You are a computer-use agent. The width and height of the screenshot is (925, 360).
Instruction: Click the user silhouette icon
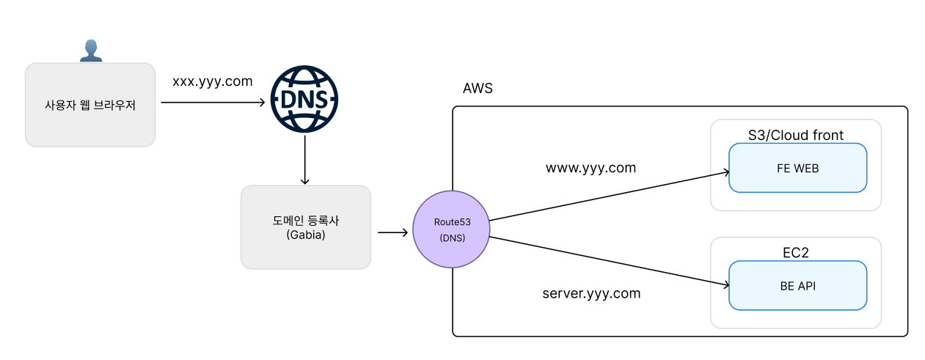91,51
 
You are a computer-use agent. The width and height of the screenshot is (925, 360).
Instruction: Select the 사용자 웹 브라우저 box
90,105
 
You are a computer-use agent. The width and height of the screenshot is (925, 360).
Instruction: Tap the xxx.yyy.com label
212,81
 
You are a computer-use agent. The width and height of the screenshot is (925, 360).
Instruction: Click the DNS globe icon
304,99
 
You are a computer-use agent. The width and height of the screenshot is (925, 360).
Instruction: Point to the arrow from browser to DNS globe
213,102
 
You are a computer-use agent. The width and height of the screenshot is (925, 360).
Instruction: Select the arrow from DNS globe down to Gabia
304,159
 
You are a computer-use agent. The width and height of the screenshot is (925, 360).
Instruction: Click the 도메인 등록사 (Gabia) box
306,227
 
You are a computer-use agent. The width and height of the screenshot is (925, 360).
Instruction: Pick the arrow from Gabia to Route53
392,232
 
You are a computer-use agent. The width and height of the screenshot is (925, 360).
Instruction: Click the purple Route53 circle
451,229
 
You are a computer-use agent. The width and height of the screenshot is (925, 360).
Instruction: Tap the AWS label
478,88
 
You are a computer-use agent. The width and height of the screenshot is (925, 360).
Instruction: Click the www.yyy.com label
591,168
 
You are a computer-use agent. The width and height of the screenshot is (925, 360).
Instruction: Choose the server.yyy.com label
591,293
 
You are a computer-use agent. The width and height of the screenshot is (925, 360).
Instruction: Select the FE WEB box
798,168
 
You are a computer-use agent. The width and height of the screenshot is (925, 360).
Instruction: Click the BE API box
798,285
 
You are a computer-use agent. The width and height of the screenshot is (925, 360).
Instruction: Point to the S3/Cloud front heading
796,135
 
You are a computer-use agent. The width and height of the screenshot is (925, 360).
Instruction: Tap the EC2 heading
796,252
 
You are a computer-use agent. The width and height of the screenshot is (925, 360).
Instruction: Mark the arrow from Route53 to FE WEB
609,196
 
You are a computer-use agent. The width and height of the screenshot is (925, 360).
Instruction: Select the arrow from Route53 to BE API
609,261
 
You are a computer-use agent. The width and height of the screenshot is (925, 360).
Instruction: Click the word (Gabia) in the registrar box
306,235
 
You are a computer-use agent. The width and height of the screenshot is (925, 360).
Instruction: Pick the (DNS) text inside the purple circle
452,238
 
